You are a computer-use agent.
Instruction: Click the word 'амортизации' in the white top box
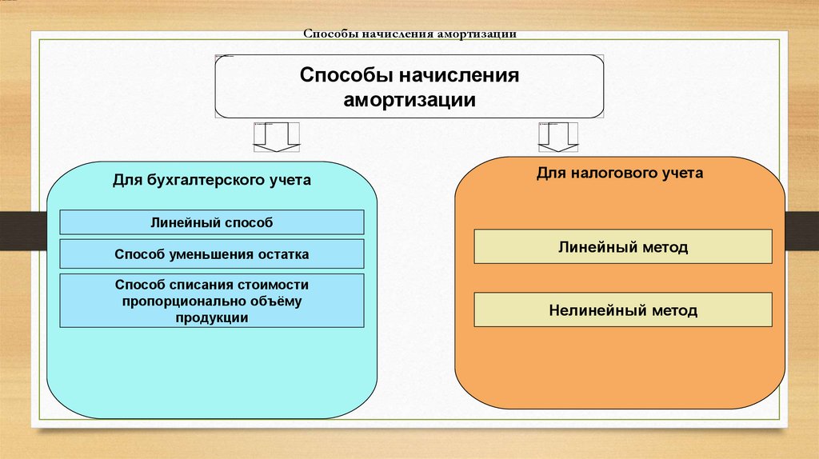409,101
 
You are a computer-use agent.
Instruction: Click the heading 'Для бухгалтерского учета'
211,180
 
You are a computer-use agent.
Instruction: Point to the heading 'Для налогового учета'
620,172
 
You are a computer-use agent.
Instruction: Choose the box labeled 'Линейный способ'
211,222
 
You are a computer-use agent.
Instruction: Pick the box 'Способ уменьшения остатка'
211,254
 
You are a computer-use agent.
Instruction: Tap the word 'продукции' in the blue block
211,317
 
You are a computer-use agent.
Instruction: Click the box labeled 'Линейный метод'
623,247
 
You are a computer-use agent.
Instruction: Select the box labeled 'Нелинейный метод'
623,309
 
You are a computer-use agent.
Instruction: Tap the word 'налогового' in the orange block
613,172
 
